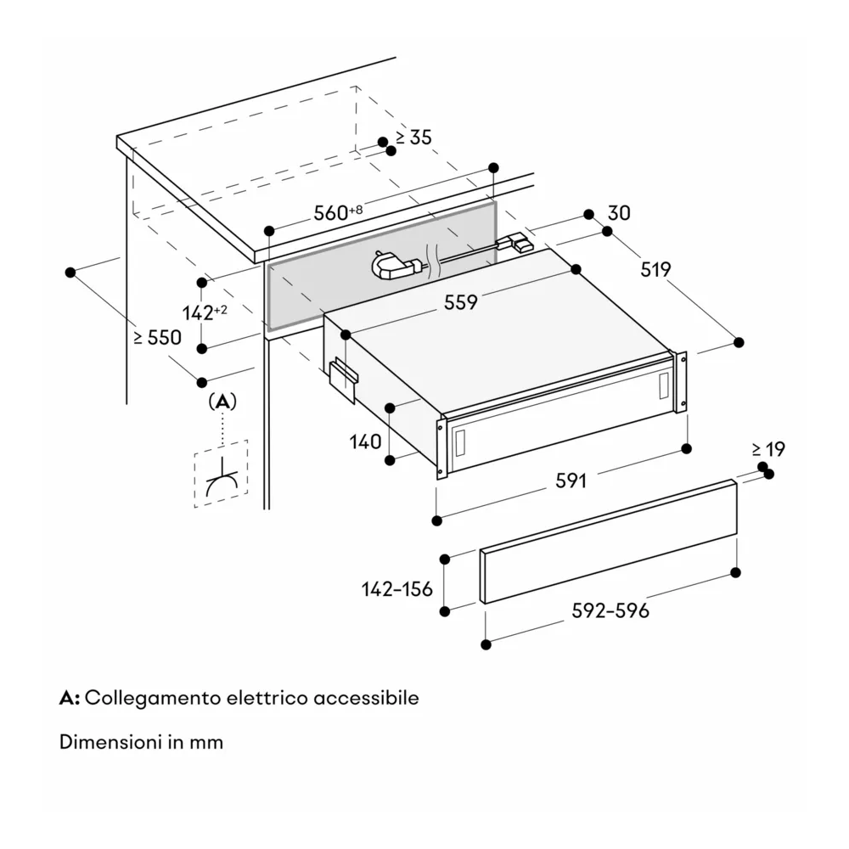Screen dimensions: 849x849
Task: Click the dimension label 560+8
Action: pos(338,213)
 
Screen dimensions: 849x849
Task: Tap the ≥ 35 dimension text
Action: pos(413,138)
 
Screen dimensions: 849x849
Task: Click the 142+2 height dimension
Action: pos(205,312)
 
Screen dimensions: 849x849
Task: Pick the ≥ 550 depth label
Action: pos(157,337)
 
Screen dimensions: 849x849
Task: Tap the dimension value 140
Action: pos(363,441)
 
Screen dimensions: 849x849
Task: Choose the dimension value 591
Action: pos(571,481)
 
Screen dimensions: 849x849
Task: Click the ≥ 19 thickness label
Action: pos(768,450)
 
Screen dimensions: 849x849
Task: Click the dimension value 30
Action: pos(619,213)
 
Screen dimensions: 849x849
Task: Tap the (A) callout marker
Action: pos(222,401)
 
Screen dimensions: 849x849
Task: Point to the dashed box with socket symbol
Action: pos(221,474)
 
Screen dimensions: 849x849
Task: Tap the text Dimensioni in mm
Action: pos(141,742)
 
